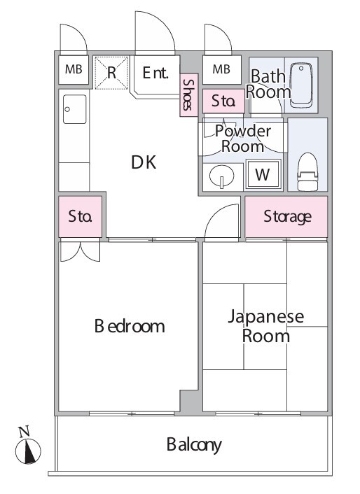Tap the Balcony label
(x=194, y=444)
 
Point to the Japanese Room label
(x=266, y=326)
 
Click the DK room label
(x=144, y=162)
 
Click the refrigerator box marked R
(x=111, y=73)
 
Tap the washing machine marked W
(x=263, y=174)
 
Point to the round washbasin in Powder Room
(x=221, y=176)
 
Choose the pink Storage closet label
(x=287, y=217)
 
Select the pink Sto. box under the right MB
(x=223, y=101)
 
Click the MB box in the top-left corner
(x=73, y=69)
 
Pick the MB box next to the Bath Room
(x=221, y=69)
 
